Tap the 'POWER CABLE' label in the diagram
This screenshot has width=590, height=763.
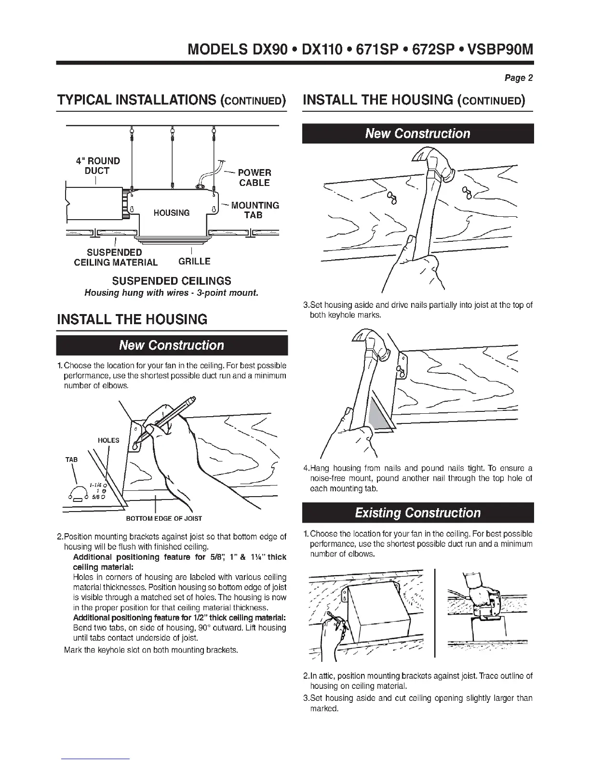[x=255, y=177]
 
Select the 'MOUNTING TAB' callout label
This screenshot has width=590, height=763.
[x=255, y=210]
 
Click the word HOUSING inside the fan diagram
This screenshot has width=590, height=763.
[x=172, y=212]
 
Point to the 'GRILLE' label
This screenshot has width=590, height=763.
[x=194, y=262]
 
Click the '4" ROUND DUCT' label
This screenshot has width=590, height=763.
[x=98, y=166]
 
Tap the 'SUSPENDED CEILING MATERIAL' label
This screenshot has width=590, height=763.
[x=115, y=257]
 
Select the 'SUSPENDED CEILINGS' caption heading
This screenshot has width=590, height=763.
[x=172, y=281]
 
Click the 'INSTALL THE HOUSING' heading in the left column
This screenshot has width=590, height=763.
[x=132, y=319]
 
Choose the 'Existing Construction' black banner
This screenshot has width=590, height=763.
[x=417, y=513]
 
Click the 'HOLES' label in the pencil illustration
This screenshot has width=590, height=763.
[x=108, y=440]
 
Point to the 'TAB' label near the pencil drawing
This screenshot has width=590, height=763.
[x=71, y=460]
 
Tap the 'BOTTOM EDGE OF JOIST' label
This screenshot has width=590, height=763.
[x=164, y=519]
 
